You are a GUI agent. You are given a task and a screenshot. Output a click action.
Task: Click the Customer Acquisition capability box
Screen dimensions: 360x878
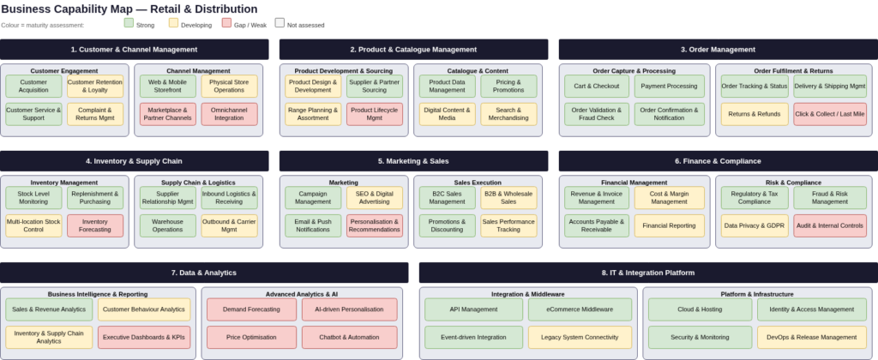coord(33,87)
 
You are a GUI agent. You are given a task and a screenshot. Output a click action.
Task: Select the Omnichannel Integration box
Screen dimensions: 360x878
coord(229,114)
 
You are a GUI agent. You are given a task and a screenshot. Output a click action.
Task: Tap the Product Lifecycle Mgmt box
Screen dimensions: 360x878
coord(374,114)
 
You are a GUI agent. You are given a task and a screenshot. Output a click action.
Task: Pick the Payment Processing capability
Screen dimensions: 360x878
coord(669,87)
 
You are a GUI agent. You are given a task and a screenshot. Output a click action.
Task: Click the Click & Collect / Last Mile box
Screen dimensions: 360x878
coord(829,114)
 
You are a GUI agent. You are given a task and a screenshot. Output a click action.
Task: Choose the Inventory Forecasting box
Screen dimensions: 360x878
coord(95,225)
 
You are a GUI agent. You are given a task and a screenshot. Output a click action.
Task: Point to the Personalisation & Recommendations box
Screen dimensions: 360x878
coord(374,225)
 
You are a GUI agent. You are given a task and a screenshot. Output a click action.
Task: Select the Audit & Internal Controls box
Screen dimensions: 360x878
coord(829,225)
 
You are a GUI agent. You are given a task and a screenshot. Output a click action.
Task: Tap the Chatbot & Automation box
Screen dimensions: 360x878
coord(350,337)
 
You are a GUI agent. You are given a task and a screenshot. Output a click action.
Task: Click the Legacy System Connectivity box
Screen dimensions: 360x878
coord(580,337)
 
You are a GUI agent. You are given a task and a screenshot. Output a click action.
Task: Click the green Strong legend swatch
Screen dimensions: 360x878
coord(129,23)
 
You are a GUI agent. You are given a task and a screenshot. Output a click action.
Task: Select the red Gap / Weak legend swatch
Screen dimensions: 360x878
coord(226,23)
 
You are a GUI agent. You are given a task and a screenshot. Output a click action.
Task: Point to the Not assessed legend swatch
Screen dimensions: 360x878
coord(280,23)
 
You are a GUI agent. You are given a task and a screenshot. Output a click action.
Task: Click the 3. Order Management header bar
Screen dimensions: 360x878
coord(718,50)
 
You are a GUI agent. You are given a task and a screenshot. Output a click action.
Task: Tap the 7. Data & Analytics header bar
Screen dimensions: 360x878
coord(204,273)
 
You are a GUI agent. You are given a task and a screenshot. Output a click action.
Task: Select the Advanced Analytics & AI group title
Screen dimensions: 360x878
coord(302,293)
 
